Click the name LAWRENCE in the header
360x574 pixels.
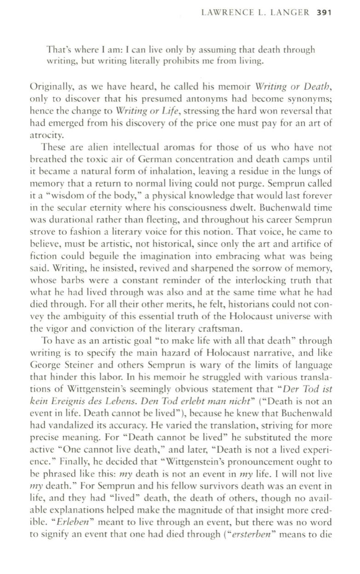(227, 12)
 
